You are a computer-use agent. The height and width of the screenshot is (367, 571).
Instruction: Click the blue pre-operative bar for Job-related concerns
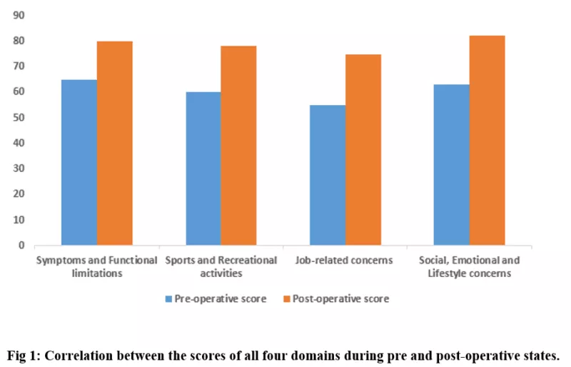328,175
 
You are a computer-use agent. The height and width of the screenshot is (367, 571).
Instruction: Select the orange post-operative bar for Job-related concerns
363,150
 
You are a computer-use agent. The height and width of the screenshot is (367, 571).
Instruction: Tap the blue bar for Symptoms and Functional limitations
79,162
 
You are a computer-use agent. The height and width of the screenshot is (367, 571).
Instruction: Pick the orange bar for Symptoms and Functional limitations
115,144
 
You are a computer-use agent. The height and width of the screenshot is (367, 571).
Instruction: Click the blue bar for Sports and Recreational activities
203,169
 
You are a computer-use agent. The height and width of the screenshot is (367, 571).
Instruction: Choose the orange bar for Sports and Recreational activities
238,146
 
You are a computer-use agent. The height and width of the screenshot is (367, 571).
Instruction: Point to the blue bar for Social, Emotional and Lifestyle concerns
452,165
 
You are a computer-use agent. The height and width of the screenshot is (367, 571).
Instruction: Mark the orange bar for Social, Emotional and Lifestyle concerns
487,141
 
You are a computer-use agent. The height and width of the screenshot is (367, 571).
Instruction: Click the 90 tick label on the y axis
19,15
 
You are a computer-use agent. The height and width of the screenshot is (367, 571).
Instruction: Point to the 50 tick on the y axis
19,117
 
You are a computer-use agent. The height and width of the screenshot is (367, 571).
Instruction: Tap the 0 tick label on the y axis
21,246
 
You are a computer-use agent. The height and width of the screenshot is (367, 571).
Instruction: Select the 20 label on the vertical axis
19,194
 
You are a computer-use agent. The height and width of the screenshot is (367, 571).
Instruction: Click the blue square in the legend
168,299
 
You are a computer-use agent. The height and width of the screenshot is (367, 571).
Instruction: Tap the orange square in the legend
287,299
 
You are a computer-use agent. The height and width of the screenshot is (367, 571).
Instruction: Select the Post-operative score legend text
341,299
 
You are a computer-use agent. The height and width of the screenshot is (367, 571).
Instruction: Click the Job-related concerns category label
344,260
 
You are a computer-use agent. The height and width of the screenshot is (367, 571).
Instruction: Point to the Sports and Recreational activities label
221,267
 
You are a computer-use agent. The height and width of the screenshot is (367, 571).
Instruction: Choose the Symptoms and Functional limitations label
97,267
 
